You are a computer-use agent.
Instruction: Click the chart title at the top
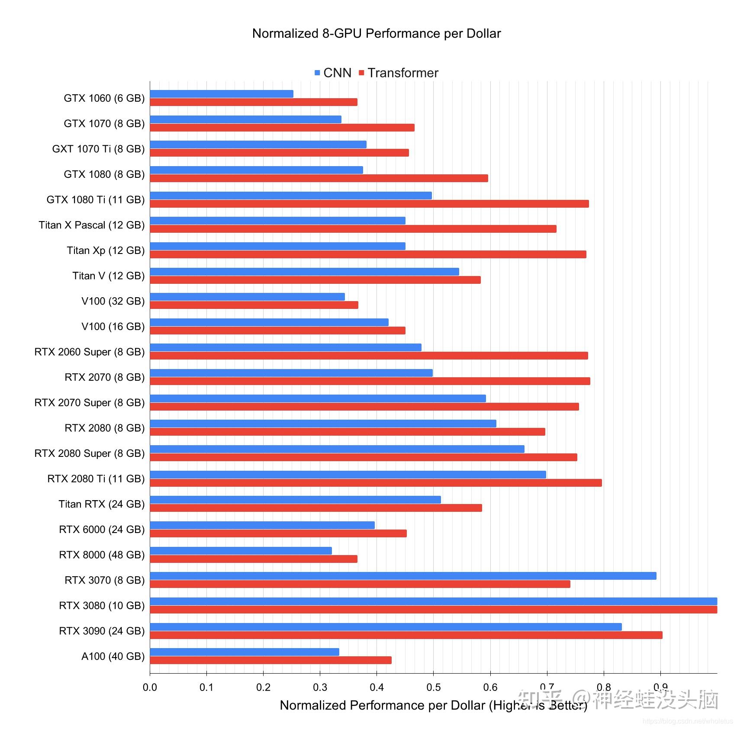click(376, 34)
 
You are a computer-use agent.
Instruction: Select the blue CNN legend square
click(317, 73)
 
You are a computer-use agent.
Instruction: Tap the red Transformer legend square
click(361, 73)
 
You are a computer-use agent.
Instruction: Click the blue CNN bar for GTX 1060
click(221, 94)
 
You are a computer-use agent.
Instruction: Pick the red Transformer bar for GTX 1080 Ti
click(369, 204)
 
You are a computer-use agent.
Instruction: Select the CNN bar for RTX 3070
click(403, 576)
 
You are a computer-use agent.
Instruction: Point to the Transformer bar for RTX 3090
click(406, 635)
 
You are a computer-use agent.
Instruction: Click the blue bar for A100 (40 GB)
click(245, 652)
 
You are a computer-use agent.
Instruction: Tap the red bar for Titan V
click(315, 280)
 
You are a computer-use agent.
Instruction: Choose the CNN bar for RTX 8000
click(241, 551)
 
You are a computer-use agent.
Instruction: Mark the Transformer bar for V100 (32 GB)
click(254, 305)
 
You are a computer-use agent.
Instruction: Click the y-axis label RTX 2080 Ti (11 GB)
click(96, 479)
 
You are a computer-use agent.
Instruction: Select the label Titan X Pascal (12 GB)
click(91, 225)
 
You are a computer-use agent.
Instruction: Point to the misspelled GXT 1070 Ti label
click(98, 149)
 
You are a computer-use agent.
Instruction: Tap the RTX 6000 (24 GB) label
click(102, 530)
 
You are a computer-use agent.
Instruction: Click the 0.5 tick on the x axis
click(433, 687)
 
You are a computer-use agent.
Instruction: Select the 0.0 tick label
click(150, 687)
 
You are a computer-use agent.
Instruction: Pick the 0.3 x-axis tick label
click(320, 687)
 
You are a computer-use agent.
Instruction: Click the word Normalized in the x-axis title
click(313, 706)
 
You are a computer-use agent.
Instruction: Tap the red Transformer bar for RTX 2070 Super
click(364, 407)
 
